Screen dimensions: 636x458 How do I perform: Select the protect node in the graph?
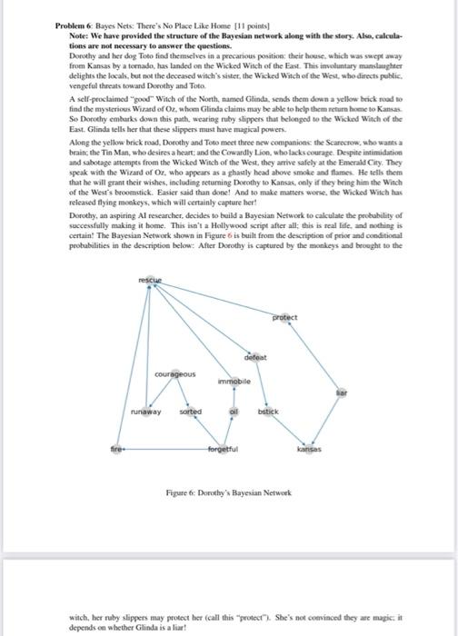point(285,317)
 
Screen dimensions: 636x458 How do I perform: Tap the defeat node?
point(254,357)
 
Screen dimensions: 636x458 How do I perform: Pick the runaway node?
point(144,412)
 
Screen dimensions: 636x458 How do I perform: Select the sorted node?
point(190,412)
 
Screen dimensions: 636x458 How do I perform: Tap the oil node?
point(234,412)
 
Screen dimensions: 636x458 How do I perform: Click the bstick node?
point(270,412)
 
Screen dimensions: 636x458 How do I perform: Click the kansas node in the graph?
point(311,447)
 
